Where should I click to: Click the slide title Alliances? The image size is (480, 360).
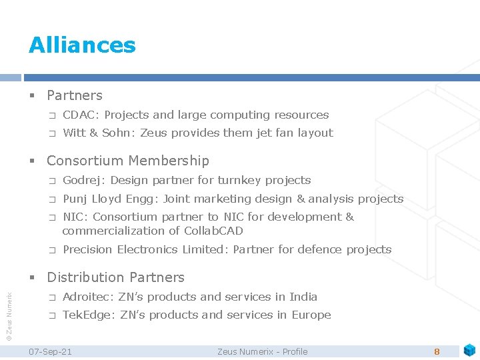point(82,45)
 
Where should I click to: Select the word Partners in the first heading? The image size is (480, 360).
point(75,95)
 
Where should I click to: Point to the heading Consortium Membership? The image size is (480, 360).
point(128,161)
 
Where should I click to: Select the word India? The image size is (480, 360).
point(304,297)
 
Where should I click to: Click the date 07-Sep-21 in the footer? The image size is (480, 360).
point(51,351)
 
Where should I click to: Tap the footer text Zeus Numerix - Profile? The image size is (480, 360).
point(263,351)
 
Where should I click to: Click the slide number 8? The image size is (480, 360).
point(437,351)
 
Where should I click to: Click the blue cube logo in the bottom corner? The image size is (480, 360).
point(469,349)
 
